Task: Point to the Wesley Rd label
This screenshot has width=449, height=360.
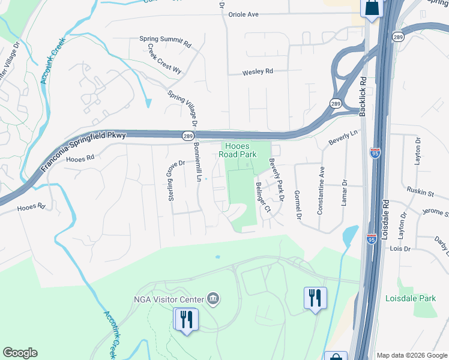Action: click(258, 71)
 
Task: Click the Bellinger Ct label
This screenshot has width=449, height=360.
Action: click(263, 197)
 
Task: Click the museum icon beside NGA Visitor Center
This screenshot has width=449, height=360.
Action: click(213, 298)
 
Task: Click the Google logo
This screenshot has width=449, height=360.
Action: click(20, 353)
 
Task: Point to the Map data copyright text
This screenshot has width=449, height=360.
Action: click(412, 355)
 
